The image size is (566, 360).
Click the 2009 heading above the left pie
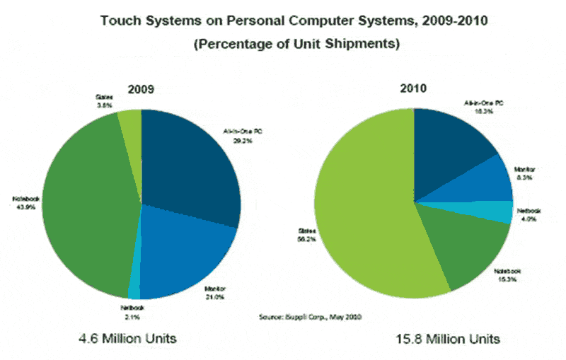(x=141, y=90)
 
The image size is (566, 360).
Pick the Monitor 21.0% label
(x=214, y=293)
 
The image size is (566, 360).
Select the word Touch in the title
(x=119, y=20)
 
